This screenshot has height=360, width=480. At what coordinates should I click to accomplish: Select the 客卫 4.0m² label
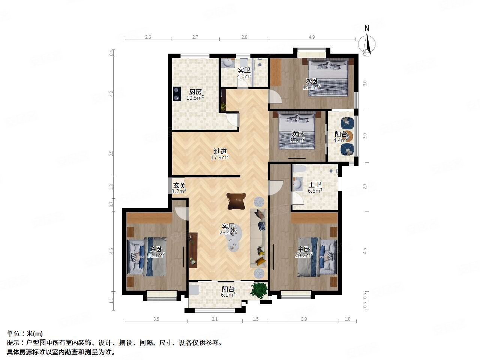(244, 73)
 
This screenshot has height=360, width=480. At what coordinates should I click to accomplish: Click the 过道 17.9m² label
(220, 154)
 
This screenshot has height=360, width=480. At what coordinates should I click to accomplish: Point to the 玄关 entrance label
(179, 188)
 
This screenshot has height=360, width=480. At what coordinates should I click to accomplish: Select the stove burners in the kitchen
(175, 94)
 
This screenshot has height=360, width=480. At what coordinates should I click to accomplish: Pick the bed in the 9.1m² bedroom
(297, 131)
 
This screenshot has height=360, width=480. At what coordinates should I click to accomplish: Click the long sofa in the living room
(258, 238)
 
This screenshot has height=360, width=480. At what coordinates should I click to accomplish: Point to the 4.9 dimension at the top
(312, 37)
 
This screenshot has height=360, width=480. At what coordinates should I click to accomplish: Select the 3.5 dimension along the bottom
(156, 319)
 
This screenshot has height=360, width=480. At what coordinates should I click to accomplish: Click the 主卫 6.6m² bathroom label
(315, 187)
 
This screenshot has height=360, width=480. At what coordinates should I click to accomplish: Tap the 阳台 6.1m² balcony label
(228, 292)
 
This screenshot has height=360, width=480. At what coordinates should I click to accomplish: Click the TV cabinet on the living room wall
(193, 250)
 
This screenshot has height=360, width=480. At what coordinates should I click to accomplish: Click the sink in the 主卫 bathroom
(298, 184)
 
